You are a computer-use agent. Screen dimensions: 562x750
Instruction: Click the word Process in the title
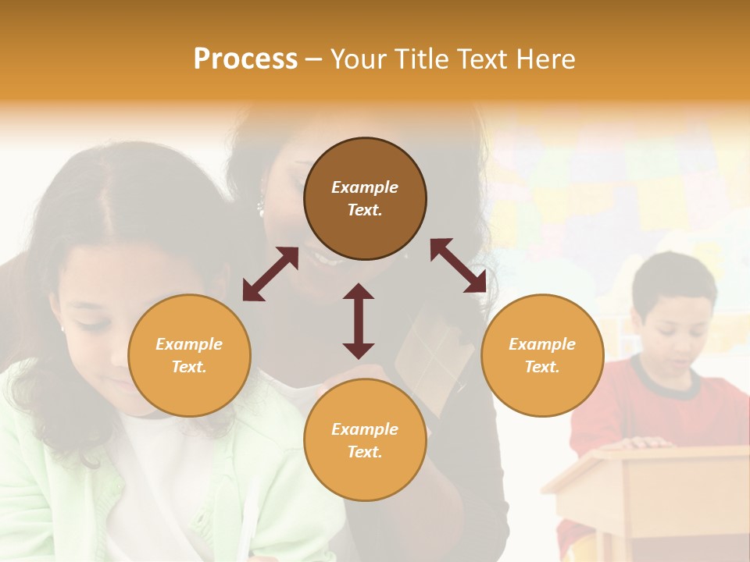pyautogui.click(x=245, y=59)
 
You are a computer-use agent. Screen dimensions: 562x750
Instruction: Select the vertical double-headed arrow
pyautogui.click(x=359, y=321)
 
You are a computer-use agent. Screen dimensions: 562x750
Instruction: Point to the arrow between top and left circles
pyautogui.click(x=270, y=274)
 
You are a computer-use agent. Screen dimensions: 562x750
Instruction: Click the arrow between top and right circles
pyautogui.click(x=458, y=265)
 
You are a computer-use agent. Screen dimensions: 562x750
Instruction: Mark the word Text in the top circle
pyautogui.click(x=365, y=210)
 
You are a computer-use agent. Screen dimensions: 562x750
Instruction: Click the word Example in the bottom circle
pyautogui.click(x=365, y=429)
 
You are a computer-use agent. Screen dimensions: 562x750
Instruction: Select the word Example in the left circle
pyautogui.click(x=189, y=343)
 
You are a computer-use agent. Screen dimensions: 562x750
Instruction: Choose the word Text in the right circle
pyautogui.click(x=542, y=366)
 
